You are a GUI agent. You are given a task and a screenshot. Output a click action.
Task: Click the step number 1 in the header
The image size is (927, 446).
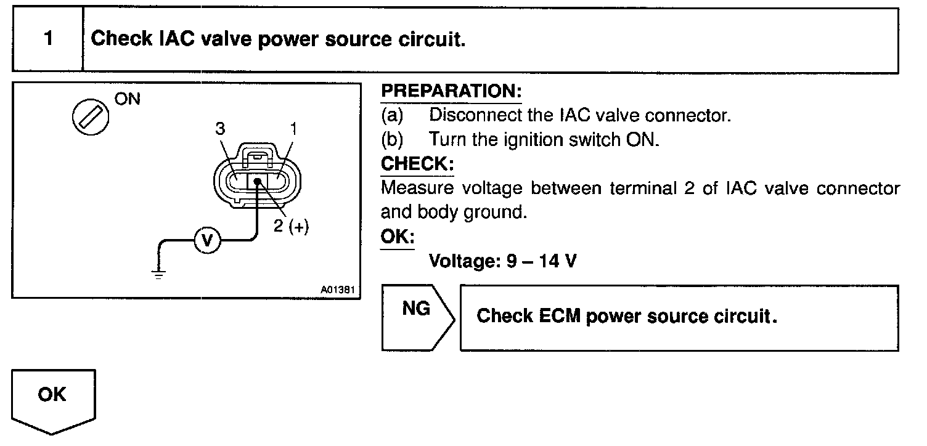point(47,39)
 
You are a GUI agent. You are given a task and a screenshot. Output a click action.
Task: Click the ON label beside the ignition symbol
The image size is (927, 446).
point(128,99)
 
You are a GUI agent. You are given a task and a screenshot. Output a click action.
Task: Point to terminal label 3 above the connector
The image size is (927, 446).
point(220,129)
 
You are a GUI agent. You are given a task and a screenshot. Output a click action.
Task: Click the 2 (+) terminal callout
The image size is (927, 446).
point(290,226)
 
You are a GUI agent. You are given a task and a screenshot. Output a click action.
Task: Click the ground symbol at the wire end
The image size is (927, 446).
point(159,274)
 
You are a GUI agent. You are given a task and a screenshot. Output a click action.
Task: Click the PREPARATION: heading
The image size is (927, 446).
point(451,92)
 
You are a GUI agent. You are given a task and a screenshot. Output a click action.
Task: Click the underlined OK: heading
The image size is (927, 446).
point(398,237)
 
